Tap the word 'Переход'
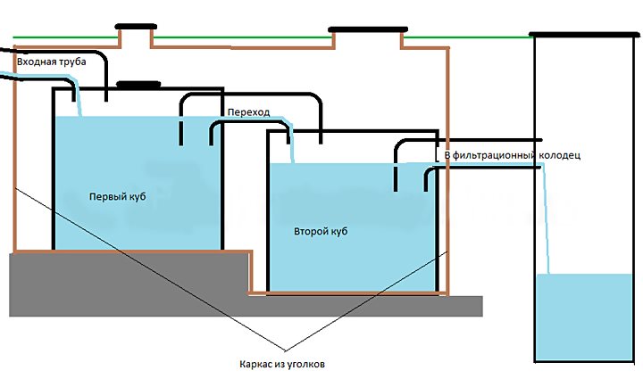pyautogui.click(x=249, y=112)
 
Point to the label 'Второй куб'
pyautogui.click(x=320, y=231)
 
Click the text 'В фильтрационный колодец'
pyautogui.click(x=513, y=155)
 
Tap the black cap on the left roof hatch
pyautogui.click(x=136, y=27)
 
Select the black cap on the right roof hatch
pyautogui.click(x=366, y=30)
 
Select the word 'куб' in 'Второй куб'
pyautogui.click(x=338, y=231)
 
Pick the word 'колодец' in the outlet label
pyautogui.click(x=560, y=155)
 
